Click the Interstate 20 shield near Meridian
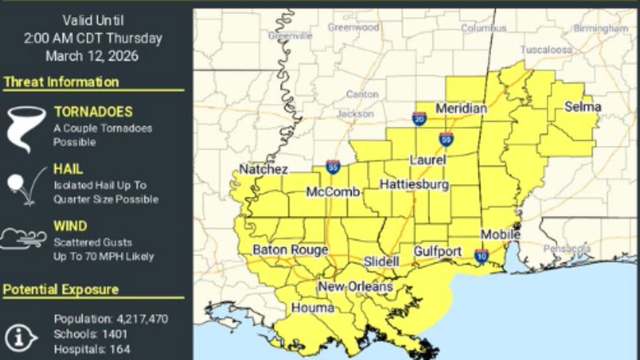[419, 119]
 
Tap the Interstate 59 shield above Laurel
[446, 139]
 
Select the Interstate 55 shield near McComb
[333, 166]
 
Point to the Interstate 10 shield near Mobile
[481, 256]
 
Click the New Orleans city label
[355, 287]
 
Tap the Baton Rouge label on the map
[290, 250]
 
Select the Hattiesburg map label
[414, 184]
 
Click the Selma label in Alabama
[583, 107]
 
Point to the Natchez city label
[263, 169]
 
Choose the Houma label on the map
[312, 308]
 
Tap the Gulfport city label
[438, 252]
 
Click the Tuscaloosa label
[546, 50]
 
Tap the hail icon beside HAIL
[25, 185]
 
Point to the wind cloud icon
[24, 238]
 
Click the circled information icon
[21, 336]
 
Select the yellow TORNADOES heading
[93, 112]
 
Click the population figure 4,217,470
[142, 320]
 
